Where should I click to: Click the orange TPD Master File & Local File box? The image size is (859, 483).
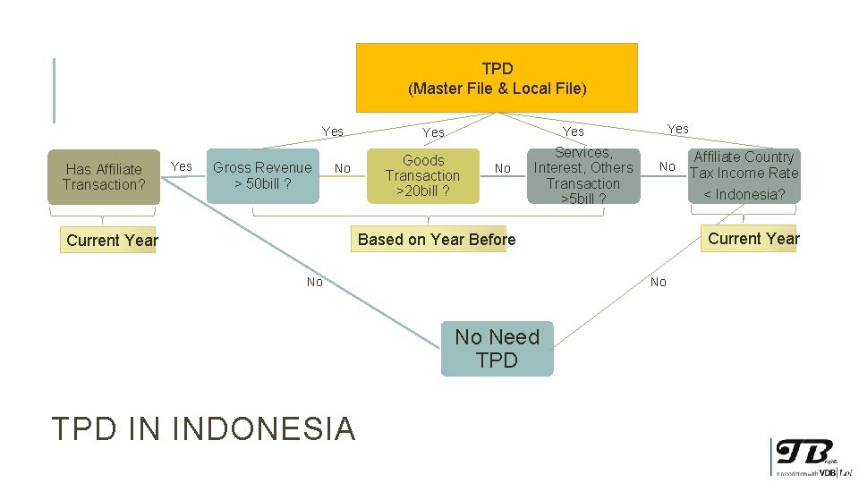click(x=497, y=78)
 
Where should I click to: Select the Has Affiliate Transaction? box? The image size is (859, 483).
click(x=103, y=176)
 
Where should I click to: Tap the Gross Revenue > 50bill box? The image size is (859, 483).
click(x=262, y=175)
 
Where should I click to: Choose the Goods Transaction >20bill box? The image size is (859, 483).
click(x=423, y=175)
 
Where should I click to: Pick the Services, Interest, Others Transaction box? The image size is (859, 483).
click(x=583, y=175)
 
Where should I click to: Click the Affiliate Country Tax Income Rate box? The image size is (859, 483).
click(x=744, y=174)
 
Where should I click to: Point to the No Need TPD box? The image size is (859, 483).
click(x=497, y=348)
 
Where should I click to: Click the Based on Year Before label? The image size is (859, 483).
click(x=437, y=239)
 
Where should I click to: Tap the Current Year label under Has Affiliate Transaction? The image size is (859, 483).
click(x=112, y=240)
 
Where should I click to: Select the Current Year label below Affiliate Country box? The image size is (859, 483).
click(x=753, y=238)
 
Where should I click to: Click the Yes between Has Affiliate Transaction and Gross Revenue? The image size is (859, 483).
click(x=182, y=166)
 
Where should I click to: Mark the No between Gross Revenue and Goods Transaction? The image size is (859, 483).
click(x=342, y=168)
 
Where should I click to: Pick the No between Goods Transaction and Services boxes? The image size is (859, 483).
click(x=503, y=168)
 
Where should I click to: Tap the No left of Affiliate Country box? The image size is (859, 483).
click(x=667, y=166)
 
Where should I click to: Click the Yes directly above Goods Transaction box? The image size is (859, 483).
click(x=433, y=132)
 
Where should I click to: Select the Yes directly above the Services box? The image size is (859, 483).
click(x=574, y=131)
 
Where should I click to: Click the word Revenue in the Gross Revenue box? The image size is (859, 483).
click(x=284, y=167)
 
